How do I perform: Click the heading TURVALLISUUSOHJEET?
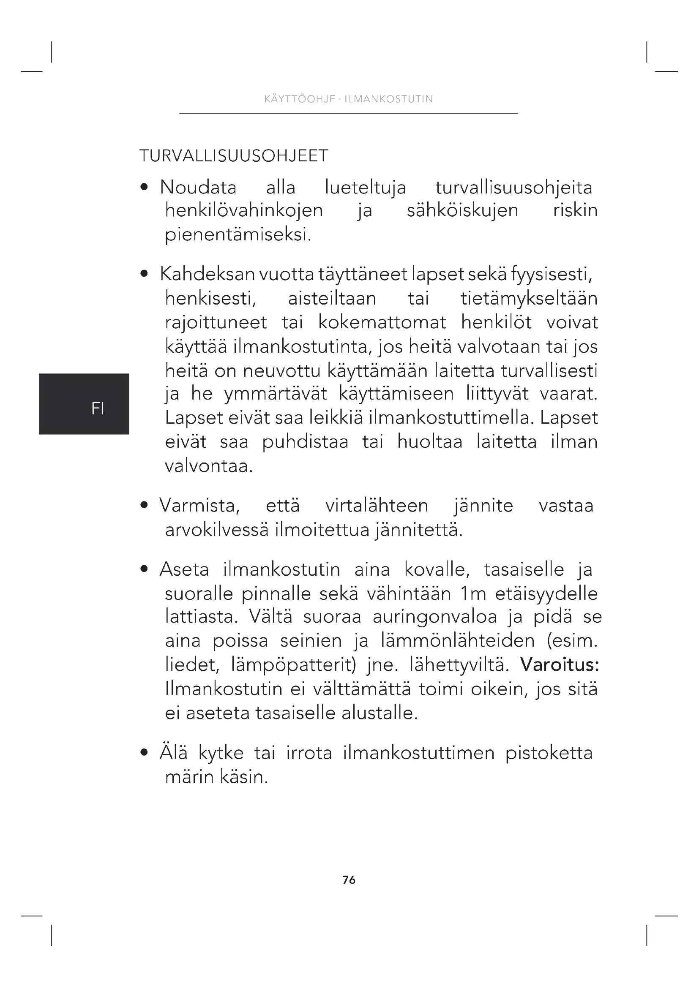click(234, 156)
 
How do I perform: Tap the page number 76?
click(349, 880)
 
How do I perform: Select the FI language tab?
click(98, 408)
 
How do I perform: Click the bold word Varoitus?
click(560, 665)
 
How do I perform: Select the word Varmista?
click(199, 506)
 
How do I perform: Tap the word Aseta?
click(184, 570)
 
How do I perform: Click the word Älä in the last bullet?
click(173, 753)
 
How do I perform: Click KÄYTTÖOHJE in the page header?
click(300, 99)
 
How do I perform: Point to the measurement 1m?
click(473, 594)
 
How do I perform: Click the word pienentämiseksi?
click(238, 235)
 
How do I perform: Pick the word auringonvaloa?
click(435, 617)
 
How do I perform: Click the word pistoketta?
click(549, 753)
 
